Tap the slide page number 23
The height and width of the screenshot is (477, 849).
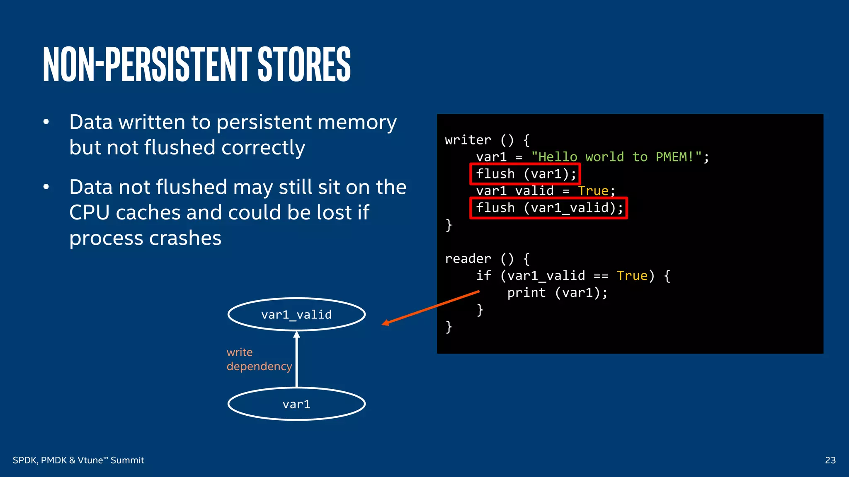pyautogui.click(x=830, y=460)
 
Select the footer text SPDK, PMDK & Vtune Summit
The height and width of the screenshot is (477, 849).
pyautogui.click(x=78, y=460)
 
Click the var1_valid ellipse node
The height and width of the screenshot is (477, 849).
pyautogui.click(x=296, y=315)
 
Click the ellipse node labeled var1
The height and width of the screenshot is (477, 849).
pyautogui.click(x=296, y=404)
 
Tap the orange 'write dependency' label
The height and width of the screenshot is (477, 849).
pyautogui.click(x=259, y=359)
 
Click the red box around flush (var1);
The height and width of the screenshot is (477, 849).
pyautogui.click(x=525, y=174)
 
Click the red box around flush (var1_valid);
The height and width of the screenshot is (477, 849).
pyautogui.click(x=548, y=208)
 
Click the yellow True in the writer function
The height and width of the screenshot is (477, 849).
pyautogui.click(x=593, y=191)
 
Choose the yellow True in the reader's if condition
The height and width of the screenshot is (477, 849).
pyautogui.click(x=632, y=276)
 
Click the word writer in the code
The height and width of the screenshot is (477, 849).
pyautogui.click(x=468, y=140)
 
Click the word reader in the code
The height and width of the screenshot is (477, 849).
pyautogui.click(x=468, y=259)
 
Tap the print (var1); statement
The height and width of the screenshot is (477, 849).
pyautogui.click(x=557, y=293)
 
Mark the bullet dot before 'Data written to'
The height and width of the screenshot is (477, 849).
pyautogui.click(x=46, y=122)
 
